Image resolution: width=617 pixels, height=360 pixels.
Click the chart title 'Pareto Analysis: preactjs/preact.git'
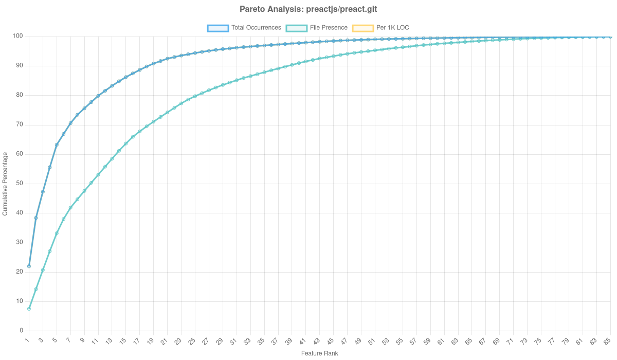(x=308, y=9)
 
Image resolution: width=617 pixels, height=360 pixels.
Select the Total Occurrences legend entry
(x=244, y=28)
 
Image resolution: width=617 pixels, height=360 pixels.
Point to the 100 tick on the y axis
(x=19, y=36)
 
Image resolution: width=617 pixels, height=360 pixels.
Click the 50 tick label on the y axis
(x=20, y=183)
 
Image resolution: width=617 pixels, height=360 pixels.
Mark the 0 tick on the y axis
(x=22, y=330)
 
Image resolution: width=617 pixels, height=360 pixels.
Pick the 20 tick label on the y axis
(x=20, y=272)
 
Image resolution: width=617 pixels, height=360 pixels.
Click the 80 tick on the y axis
(x=20, y=95)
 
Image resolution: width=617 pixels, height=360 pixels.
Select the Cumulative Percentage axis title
(x=5, y=183)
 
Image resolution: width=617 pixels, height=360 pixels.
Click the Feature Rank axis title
(x=319, y=354)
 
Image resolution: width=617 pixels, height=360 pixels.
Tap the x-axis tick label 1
(x=28, y=340)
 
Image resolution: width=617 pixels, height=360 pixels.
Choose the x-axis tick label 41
(x=303, y=341)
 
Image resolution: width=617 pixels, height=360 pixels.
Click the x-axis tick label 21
(x=165, y=341)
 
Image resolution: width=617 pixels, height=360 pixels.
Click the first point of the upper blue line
(x=29, y=266)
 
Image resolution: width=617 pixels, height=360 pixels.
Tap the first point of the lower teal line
(x=29, y=309)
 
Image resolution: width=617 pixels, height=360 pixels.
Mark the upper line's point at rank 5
(x=57, y=145)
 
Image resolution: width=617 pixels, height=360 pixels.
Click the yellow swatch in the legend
(x=362, y=28)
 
